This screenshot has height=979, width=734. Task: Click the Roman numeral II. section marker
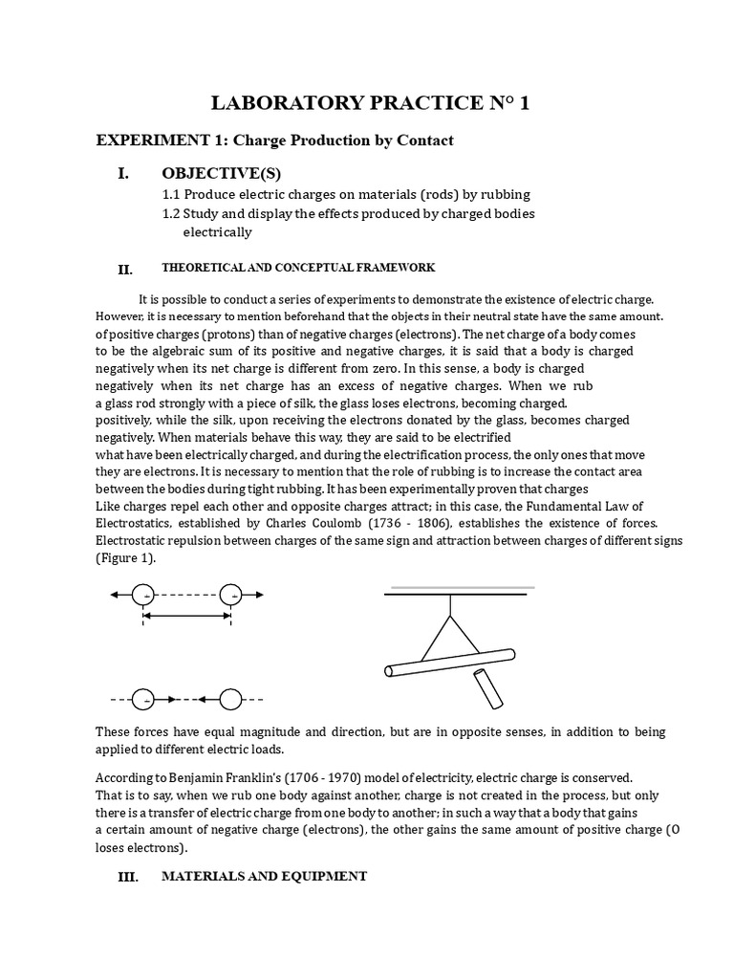(x=124, y=270)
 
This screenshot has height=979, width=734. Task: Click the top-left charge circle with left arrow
(x=143, y=595)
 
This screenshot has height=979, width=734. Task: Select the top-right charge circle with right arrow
(x=231, y=595)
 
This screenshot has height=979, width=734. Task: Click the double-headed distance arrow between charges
(x=187, y=617)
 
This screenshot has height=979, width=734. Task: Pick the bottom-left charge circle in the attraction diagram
(x=143, y=701)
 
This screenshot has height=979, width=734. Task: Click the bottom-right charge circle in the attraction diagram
(x=231, y=701)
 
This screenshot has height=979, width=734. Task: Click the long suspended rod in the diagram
(x=449, y=662)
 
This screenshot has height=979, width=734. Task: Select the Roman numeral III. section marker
(x=127, y=877)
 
